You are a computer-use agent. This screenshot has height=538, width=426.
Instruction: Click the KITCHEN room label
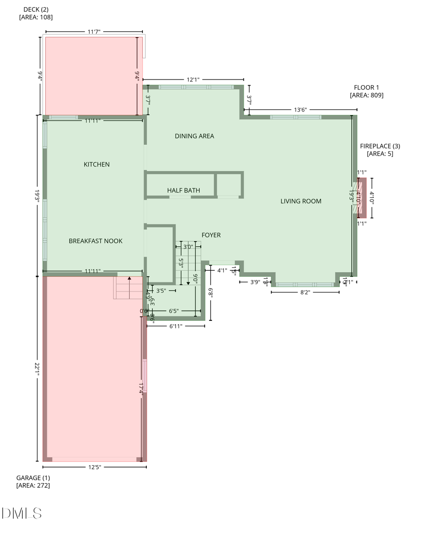pos(97,164)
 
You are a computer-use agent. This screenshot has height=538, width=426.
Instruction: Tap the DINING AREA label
pos(194,136)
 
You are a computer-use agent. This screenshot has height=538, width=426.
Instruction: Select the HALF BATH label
pos(183,190)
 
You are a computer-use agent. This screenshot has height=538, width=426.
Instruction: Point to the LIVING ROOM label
pos(301,201)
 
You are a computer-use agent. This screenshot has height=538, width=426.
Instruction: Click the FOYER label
pos(211,235)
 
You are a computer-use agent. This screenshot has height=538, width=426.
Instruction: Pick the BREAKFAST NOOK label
pos(96,241)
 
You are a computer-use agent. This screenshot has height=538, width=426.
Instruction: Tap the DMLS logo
pos(22,513)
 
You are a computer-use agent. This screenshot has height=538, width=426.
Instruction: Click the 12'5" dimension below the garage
pos(94,467)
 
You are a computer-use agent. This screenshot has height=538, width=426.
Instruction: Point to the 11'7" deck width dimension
pos(93,32)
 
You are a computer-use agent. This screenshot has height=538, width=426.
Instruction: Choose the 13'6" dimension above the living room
pos(301,110)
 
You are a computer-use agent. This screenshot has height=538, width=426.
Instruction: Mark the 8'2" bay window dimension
pos(305,292)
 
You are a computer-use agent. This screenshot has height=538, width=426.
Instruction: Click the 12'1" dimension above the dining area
pos(193,80)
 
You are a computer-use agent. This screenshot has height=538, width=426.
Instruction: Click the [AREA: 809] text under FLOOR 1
pos(366,95)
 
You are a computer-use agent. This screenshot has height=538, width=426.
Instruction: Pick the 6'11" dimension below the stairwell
pos(176,326)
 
